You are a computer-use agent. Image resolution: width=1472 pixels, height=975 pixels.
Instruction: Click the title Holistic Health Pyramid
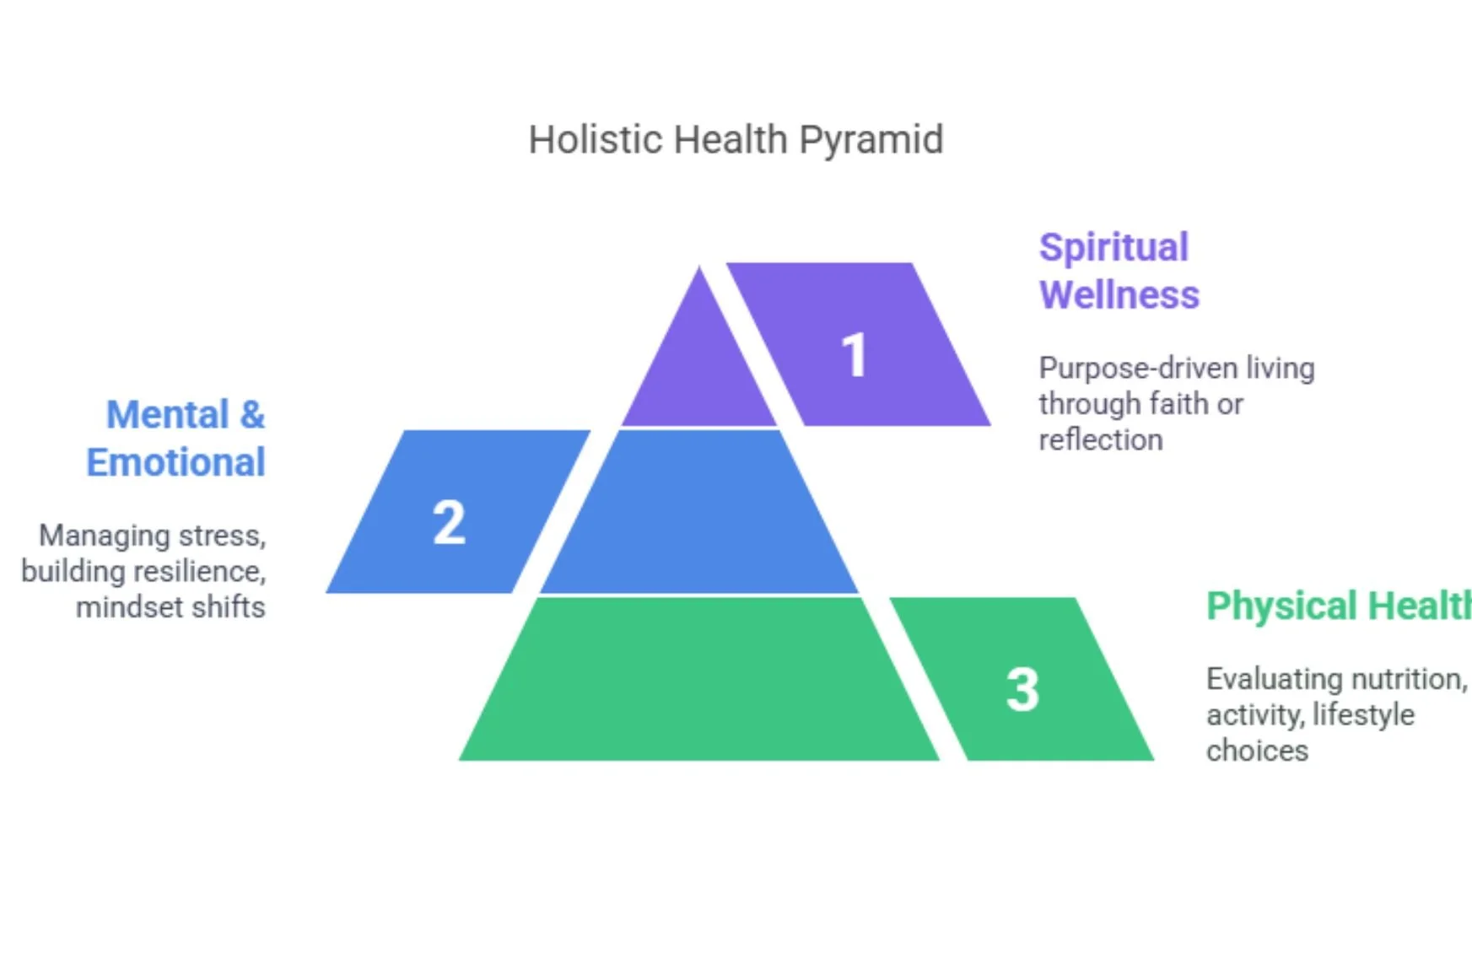(736, 140)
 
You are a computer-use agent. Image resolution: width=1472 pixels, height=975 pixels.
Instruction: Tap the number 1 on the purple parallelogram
(854, 354)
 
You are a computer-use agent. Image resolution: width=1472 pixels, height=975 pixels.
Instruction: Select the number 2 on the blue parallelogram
(449, 522)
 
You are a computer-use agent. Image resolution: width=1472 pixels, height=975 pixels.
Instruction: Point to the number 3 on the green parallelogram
(1022, 689)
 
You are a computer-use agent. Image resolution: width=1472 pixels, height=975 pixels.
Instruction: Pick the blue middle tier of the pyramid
(699, 514)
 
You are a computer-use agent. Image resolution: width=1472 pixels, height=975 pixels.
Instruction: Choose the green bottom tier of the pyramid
(699, 683)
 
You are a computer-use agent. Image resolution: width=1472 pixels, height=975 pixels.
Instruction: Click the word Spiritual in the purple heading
(1113, 248)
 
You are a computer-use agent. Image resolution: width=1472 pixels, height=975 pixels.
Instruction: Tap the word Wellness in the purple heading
(1119, 295)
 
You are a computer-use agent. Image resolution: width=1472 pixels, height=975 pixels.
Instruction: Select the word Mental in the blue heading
(167, 415)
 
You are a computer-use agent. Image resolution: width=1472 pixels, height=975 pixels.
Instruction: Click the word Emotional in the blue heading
(175, 462)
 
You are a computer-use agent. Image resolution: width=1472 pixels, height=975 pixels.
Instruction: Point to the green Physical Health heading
(1338, 606)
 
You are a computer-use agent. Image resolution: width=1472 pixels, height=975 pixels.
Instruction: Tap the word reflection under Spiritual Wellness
(1100, 440)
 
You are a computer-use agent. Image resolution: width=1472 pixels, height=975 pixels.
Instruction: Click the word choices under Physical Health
(1257, 751)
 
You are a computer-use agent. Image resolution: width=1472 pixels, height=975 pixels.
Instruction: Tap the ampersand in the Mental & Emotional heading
(251, 415)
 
